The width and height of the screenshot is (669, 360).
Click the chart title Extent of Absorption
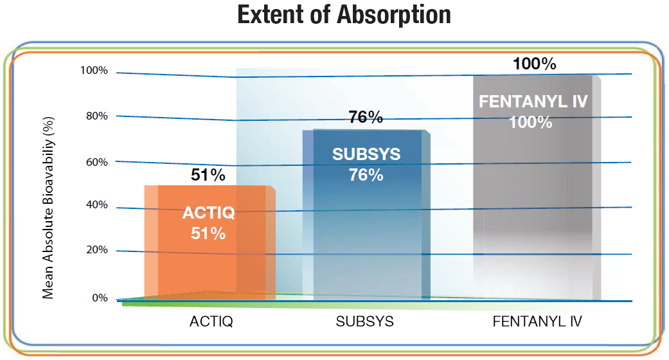pyautogui.click(x=344, y=15)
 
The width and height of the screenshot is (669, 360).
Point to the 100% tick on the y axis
pyautogui.click(x=94, y=70)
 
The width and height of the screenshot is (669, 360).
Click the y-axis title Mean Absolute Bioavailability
pyautogui.click(x=48, y=206)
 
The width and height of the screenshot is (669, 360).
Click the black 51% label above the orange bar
pyautogui.click(x=208, y=175)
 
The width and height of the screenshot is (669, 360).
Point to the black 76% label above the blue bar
pyautogui.click(x=366, y=118)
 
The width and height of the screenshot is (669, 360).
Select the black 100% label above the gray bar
pyautogui.click(x=534, y=64)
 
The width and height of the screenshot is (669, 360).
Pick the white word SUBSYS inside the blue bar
pyautogui.click(x=366, y=154)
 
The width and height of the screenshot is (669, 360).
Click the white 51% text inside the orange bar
pyautogui.click(x=208, y=233)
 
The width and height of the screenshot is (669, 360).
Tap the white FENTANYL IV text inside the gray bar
pyautogui.click(x=534, y=102)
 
